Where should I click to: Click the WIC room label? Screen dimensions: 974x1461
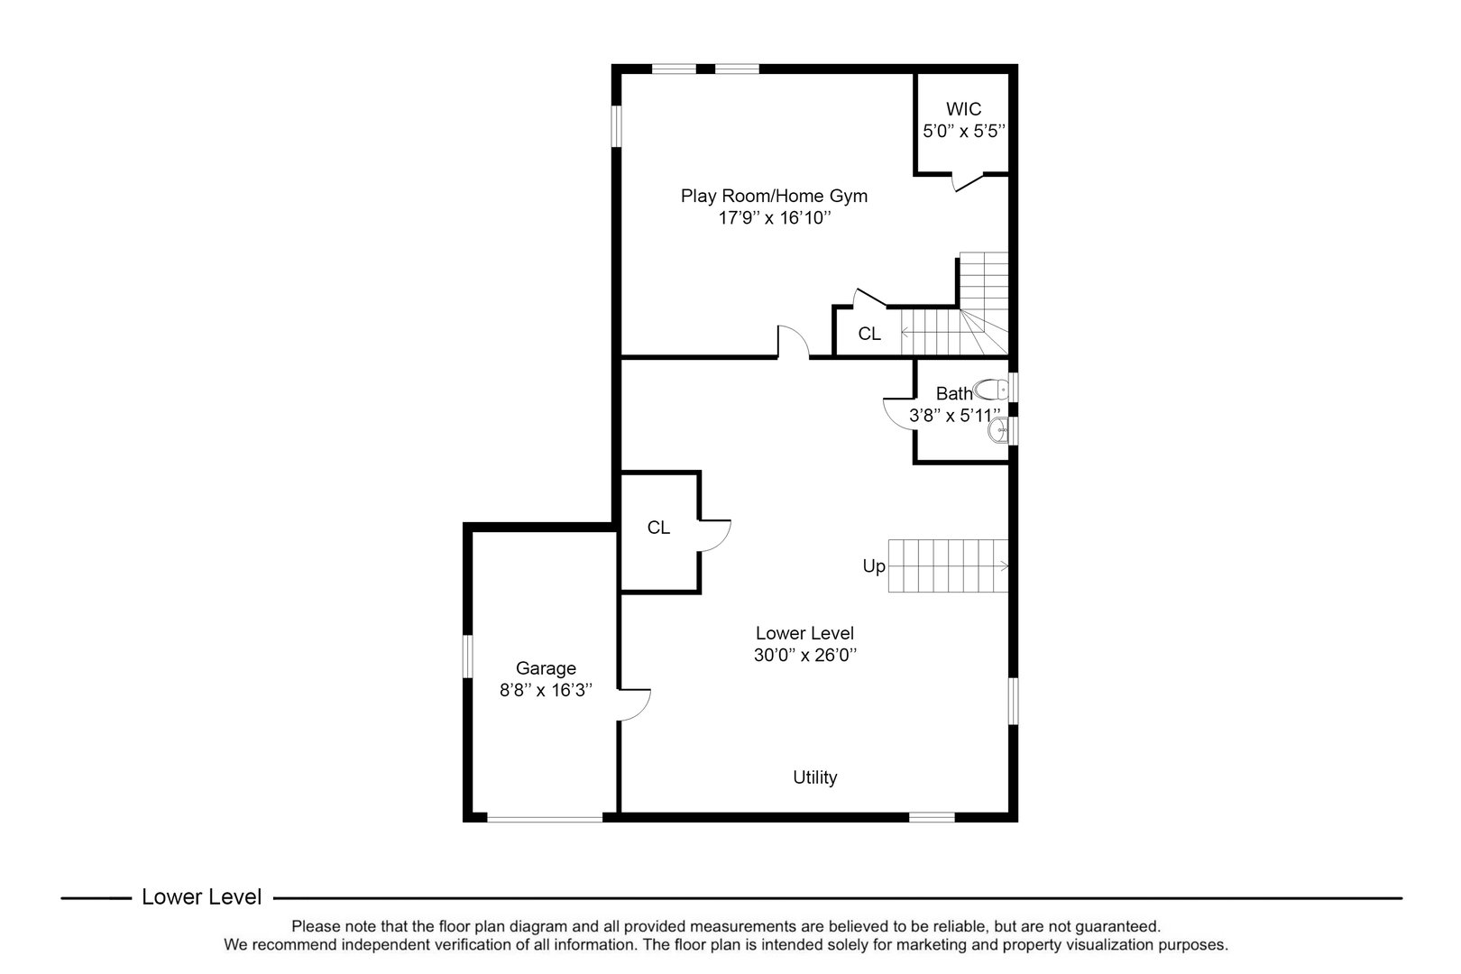tap(963, 109)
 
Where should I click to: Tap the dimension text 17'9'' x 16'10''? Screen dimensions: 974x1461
tap(774, 218)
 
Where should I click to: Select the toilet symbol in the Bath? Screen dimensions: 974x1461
tap(992, 390)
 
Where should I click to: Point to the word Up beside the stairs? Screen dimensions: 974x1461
tap(874, 566)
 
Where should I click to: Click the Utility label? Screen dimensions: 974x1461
tap(814, 777)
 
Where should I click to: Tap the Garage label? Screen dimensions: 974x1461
tap(546, 668)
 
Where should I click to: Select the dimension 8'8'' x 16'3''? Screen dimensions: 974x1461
tap(546, 691)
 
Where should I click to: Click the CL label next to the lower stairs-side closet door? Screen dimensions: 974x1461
tap(658, 528)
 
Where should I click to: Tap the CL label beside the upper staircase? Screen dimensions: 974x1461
tap(868, 335)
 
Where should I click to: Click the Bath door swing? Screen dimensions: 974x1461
tap(899, 413)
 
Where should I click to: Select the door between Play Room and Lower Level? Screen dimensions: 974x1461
tap(793, 342)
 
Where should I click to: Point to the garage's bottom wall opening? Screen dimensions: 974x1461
tap(544, 818)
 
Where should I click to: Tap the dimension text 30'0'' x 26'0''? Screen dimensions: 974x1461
tap(804, 656)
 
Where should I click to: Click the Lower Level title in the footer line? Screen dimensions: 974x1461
tap(202, 897)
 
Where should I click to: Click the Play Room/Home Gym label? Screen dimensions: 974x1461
tap(774, 196)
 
